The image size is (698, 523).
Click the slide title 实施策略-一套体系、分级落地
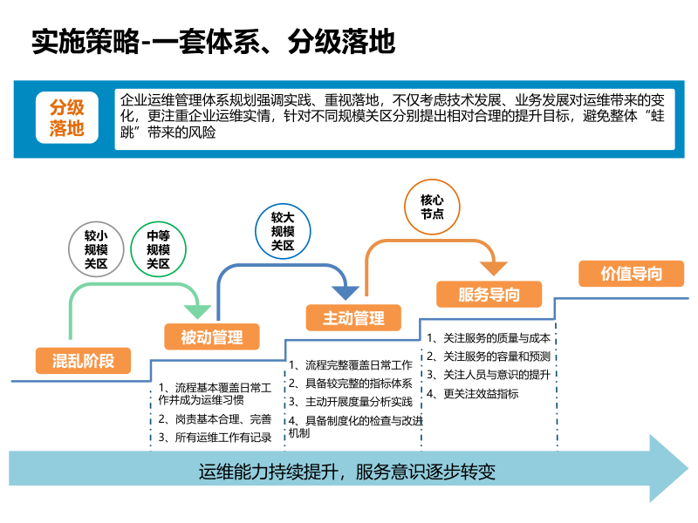pyautogui.click(x=213, y=41)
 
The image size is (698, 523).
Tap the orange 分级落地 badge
pyautogui.click(x=66, y=119)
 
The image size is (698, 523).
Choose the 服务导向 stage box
pyautogui.click(x=489, y=294)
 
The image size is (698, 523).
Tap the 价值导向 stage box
pyautogui.click(x=632, y=274)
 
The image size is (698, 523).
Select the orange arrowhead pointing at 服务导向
pyautogui.click(x=491, y=265)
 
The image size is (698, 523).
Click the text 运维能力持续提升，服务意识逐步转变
pyautogui.click(x=346, y=472)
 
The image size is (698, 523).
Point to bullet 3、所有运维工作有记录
pyautogui.click(x=215, y=438)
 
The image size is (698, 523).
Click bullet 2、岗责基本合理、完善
pyautogui.click(x=215, y=419)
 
